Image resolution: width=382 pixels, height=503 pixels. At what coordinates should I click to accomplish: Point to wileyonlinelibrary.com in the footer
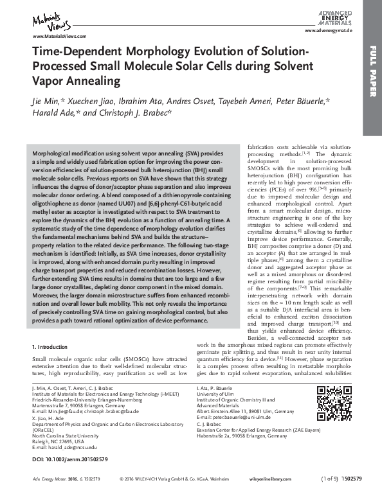click(284, 497)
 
